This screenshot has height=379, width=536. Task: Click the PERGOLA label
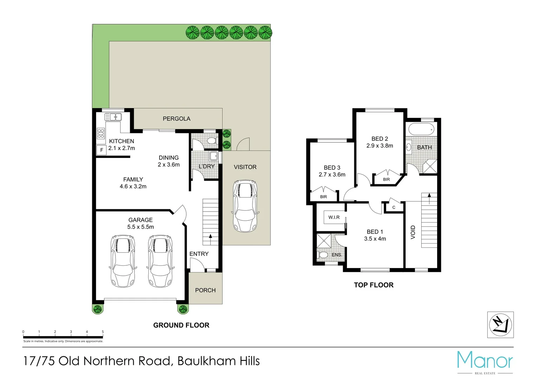click(x=176, y=119)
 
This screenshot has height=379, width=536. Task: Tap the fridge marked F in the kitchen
click(x=101, y=150)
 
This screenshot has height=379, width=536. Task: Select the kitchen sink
click(x=113, y=117)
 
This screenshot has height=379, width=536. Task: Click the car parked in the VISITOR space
click(x=245, y=206)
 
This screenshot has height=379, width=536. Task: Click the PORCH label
click(x=205, y=290)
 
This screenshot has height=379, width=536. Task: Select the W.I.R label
click(x=334, y=217)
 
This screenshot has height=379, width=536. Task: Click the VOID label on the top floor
click(x=413, y=232)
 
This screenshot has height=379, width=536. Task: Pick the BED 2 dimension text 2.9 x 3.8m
click(x=380, y=146)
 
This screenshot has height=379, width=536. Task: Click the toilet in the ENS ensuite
click(x=323, y=254)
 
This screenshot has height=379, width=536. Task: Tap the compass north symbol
click(x=500, y=325)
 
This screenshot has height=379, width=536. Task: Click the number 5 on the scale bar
click(x=103, y=332)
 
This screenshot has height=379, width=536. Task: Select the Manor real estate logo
click(x=485, y=361)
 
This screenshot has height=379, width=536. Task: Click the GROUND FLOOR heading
click(x=181, y=325)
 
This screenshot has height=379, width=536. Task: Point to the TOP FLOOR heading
click(x=374, y=285)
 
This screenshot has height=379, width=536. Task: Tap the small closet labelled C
click(x=394, y=207)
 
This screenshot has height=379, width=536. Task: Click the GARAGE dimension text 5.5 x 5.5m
click(x=140, y=227)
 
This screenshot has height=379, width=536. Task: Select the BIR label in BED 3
click(x=323, y=197)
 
